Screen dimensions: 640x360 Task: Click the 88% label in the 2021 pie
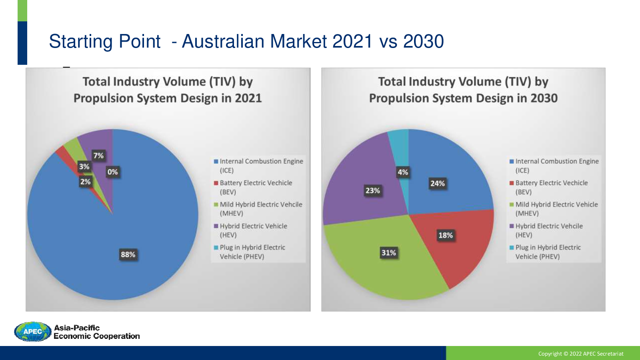(128, 254)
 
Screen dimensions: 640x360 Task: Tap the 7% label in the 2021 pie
(98, 156)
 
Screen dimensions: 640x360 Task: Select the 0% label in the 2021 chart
(112, 172)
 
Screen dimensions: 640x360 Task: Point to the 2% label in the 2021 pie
(85, 182)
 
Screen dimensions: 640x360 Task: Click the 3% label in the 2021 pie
(84, 166)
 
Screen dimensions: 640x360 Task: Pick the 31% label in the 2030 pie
(389, 253)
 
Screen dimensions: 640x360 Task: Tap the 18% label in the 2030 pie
(446, 236)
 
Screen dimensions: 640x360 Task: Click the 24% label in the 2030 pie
(438, 184)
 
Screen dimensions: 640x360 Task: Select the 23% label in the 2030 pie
(372, 190)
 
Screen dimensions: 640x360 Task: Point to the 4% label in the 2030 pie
(403, 172)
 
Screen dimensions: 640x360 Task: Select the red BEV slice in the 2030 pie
(454, 243)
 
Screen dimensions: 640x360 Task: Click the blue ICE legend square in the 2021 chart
(216, 162)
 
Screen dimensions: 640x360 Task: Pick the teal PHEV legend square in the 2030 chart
(512, 248)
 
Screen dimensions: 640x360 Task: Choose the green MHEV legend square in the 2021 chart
(216, 204)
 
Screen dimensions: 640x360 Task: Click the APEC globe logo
(32, 332)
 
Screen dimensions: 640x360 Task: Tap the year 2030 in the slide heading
(424, 42)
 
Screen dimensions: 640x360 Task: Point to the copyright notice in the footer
(581, 354)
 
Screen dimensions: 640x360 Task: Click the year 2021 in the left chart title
(248, 98)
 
